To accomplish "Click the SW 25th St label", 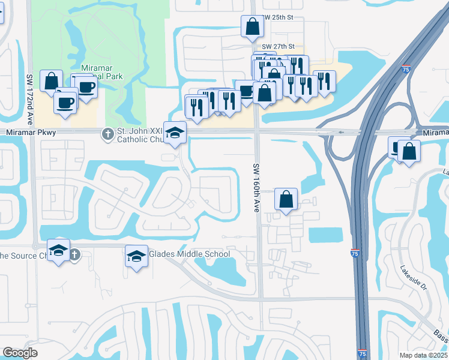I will pos(277,18).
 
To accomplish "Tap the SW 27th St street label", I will pos(278,46).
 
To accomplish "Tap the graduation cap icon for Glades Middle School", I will pos(136,256).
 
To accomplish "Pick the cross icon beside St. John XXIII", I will pos(108,134).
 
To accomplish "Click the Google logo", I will pos(20,353).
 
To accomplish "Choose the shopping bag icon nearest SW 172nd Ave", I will pos(52,80).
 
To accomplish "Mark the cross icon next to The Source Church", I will pos(74,254).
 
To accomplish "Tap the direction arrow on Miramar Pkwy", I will pos(342,132).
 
